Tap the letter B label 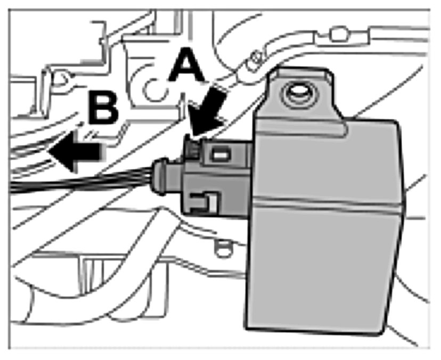pyautogui.click(x=103, y=107)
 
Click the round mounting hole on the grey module pyautogui.click(x=296, y=94)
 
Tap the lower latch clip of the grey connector pyautogui.click(x=206, y=202)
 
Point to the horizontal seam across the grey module pyautogui.click(x=325, y=201)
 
